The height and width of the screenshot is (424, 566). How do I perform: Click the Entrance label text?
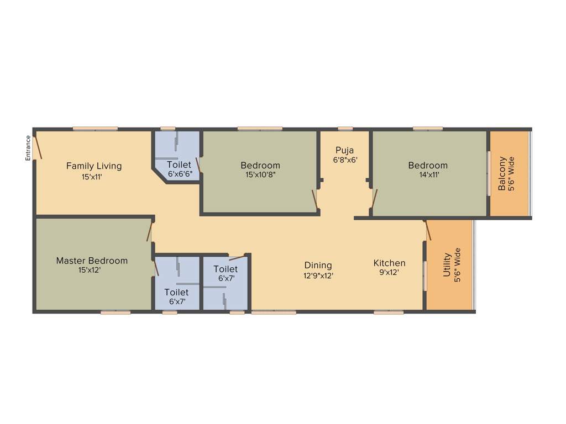pyautogui.click(x=28, y=148)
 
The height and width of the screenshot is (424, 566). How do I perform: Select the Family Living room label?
pyautogui.click(x=94, y=166)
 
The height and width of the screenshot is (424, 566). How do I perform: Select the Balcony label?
pyautogui.click(x=502, y=174)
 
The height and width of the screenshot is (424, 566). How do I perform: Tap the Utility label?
pyautogui.click(x=447, y=264)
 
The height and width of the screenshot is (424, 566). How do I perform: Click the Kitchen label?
pyautogui.click(x=389, y=263)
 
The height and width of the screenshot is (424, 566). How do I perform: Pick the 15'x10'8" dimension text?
pyautogui.click(x=260, y=174)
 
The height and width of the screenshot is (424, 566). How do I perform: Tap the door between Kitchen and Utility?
pyautogui.click(x=427, y=230)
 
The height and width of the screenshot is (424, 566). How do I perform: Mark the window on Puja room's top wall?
pyautogui.click(x=345, y=129)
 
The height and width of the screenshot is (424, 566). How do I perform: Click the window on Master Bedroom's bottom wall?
pyautogui.click(x=116, y=312)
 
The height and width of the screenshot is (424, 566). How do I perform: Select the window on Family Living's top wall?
pyautogui.click(x=95, y=129)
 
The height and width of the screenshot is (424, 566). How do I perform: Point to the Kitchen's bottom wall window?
pyautogui.click(x=388, y=312)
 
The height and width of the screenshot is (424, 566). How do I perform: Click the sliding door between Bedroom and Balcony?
pyautogui.click(x=488, y=173)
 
